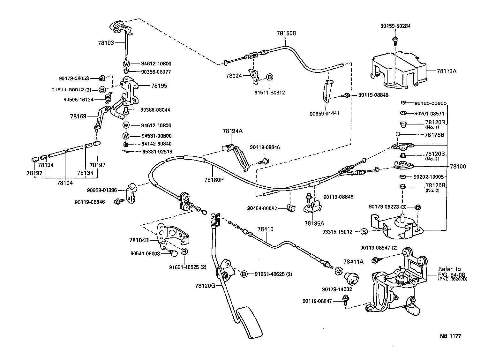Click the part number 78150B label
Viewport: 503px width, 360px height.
pos(287,33)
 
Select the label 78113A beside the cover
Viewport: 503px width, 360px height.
pos(447,71)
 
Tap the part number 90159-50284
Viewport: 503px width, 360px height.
pos(395,26)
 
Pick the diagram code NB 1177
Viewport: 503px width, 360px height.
pos(450,336)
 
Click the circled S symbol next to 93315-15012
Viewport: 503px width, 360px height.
pos(364,232)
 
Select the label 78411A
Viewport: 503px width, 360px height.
pos(353,262)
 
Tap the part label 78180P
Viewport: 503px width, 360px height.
pos(214,180)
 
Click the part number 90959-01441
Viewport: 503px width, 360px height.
pos(324,113)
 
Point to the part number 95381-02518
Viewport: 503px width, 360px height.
pos(157,152)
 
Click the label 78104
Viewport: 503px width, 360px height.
pos(65,183)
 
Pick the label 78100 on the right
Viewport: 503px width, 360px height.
pos(458,166)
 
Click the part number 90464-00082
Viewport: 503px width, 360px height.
pos(262,208)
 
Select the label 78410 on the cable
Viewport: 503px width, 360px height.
pos(266,229)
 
